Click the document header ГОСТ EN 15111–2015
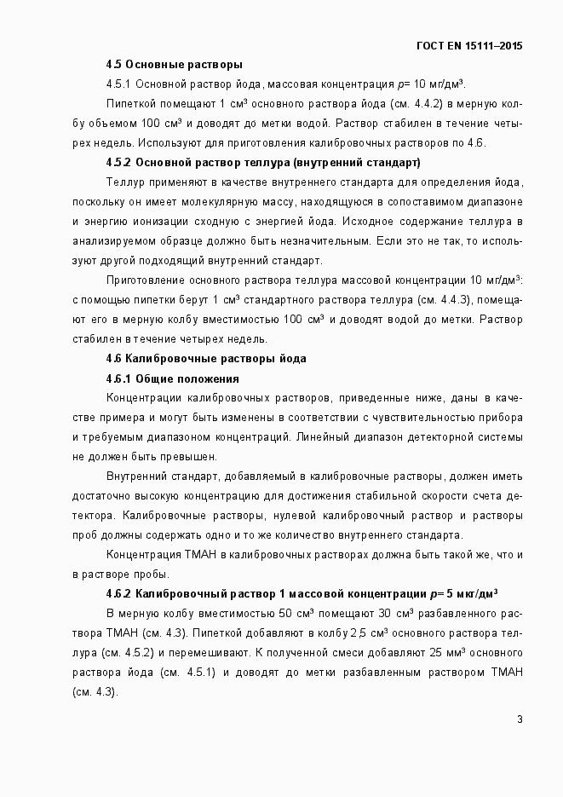469,45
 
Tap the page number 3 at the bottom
520,719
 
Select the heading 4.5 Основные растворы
174,64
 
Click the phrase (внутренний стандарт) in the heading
356,162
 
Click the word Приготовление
146,280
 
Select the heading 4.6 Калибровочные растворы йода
205,359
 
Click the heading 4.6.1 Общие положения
172,378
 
